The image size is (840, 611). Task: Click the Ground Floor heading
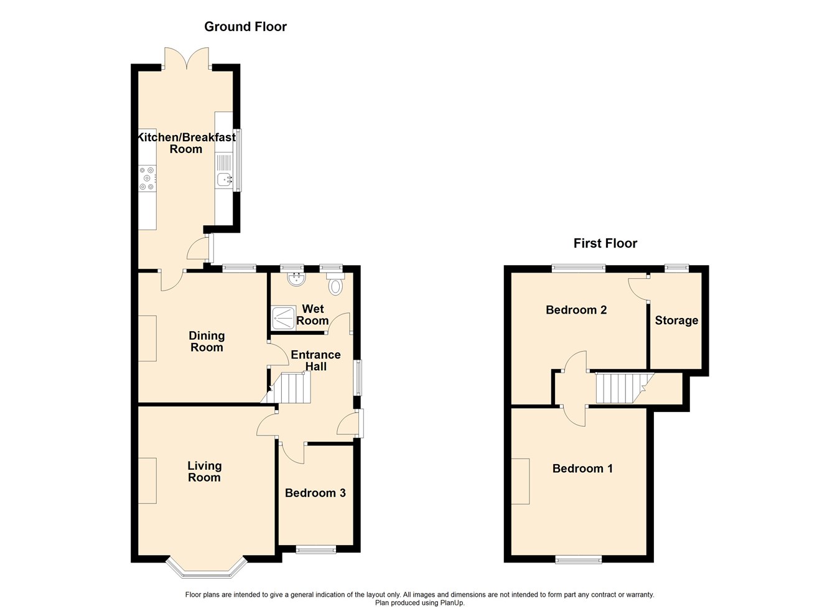pos(245,27)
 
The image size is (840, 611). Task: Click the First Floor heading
pos(605,243)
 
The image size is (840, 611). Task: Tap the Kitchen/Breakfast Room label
pos(186,143)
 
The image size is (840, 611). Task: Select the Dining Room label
pos(207,342)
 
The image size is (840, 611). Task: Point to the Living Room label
pos(204,472)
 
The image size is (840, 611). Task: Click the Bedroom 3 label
pos(315,493)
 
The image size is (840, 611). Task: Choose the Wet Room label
pos(312,315)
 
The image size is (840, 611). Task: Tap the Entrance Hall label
pos(315,360)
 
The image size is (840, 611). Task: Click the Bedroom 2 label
pos(576,310)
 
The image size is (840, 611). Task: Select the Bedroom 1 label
pos(582,469)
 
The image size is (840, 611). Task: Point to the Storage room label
pos(676,320)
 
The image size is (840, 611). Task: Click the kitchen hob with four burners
pos(147,178)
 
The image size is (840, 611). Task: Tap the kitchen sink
pos(224,180)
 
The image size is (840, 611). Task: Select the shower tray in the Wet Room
pos(284,317)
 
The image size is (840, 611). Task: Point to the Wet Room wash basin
pos(296,278)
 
